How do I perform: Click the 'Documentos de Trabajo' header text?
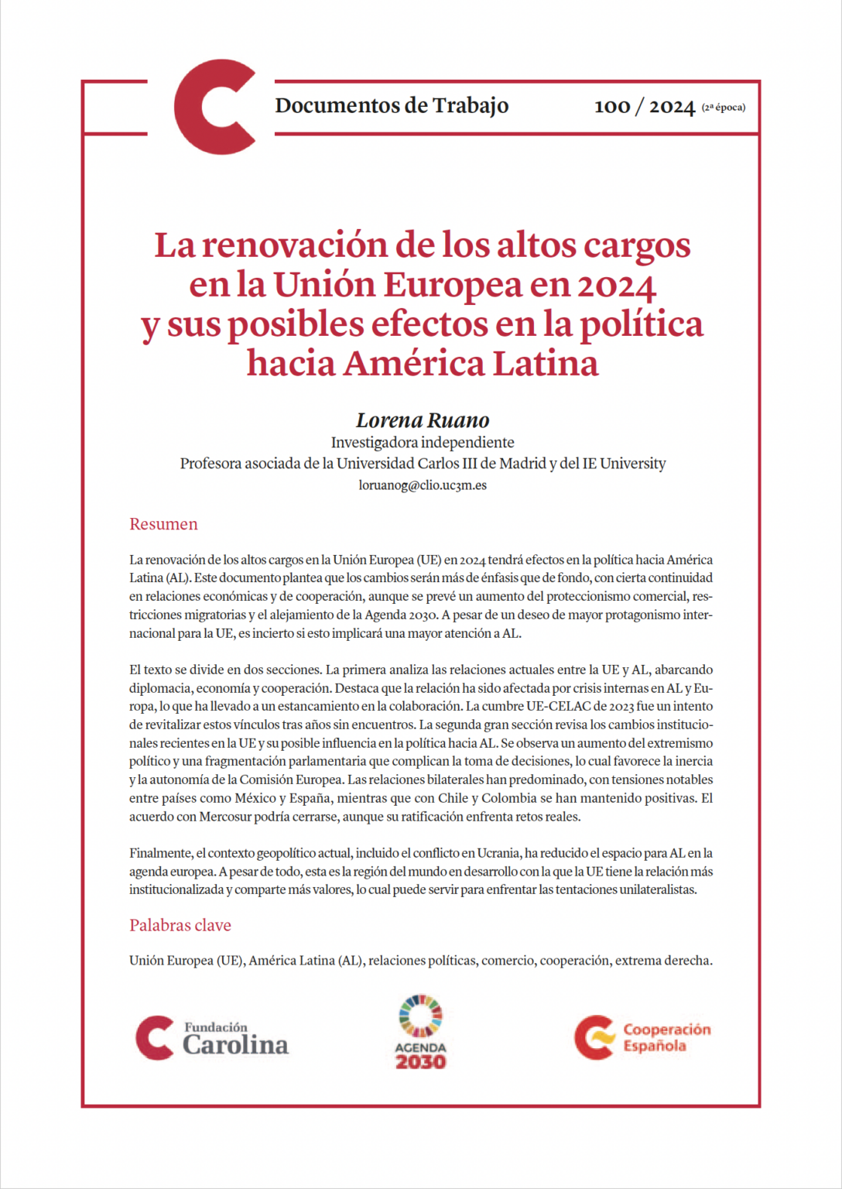[392, 105]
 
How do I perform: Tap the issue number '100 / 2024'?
[644, 107]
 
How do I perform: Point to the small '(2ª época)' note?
[724, 108]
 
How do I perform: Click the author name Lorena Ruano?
[423, 420]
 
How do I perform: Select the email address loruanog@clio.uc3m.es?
[423, 485]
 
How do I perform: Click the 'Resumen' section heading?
[163, 524]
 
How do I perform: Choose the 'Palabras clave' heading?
[180, 925]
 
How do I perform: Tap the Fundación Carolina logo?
[212, 1038]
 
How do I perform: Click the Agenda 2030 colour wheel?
[421, 1016]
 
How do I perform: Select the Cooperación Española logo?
[642, 1037]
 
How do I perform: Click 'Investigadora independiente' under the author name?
[423, 442]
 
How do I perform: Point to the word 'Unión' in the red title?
[323, 284]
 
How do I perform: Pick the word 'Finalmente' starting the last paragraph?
[160, 853]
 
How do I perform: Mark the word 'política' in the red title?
[641, 324]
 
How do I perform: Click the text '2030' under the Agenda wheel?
[421, 1062]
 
